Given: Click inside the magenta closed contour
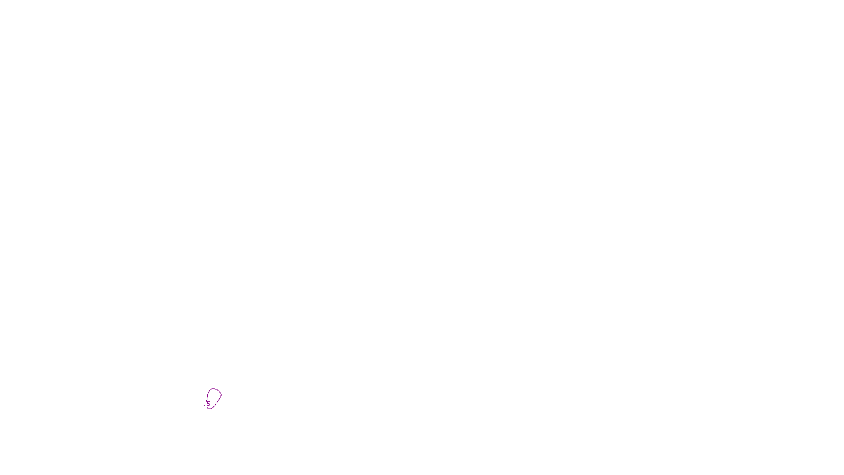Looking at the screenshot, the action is pyautogui.click(x=214, y=397).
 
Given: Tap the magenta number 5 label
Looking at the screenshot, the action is pyautogui.click(x=208, y=404).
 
